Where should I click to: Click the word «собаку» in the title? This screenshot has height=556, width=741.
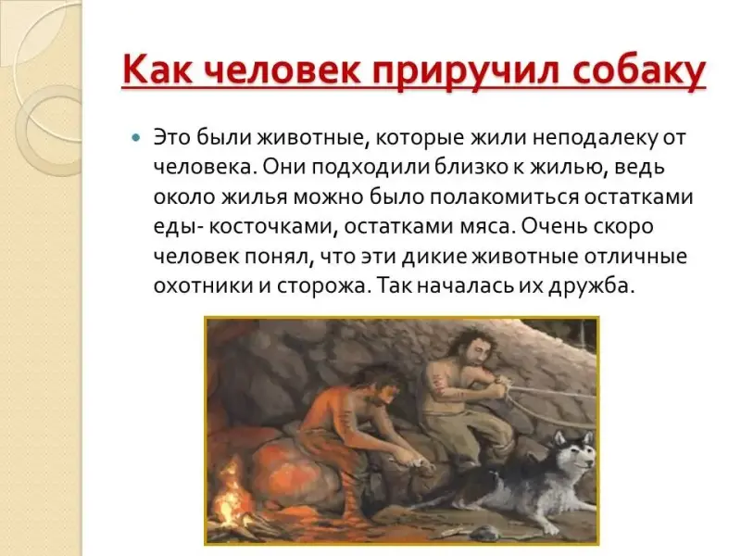point(639,71)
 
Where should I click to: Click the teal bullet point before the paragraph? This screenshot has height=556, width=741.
point(136,138)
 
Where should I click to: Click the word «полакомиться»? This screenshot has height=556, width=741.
point(504,197)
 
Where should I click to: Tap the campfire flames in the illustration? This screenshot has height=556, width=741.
point(230,485)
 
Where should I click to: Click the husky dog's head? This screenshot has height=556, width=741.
point(576,452)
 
